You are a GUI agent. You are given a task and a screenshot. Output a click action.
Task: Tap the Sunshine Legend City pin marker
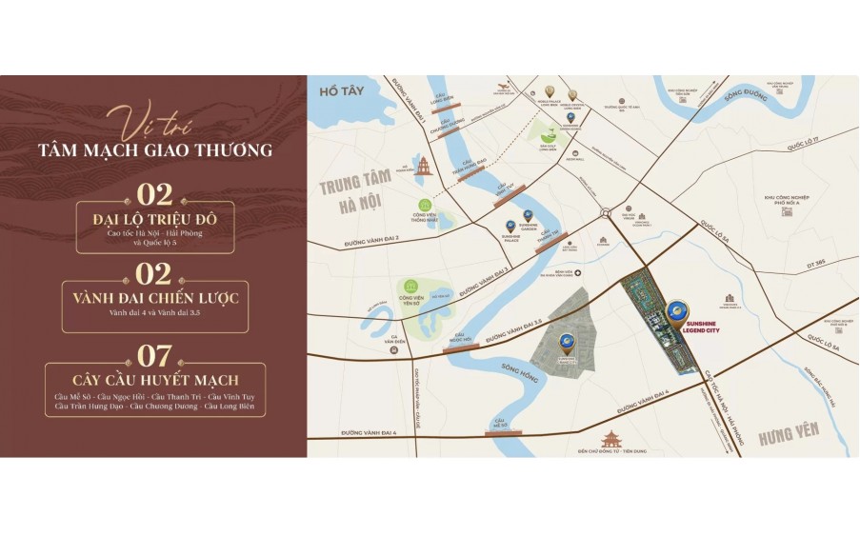point(676,310)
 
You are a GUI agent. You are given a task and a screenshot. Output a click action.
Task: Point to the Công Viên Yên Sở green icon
point(410,286)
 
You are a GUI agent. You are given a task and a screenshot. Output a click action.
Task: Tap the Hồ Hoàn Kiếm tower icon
point(424,168)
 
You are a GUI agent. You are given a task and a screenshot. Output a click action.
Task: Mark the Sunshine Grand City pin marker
point(567,340)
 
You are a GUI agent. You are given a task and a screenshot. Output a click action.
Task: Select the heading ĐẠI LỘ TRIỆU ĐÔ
point(155,220)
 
